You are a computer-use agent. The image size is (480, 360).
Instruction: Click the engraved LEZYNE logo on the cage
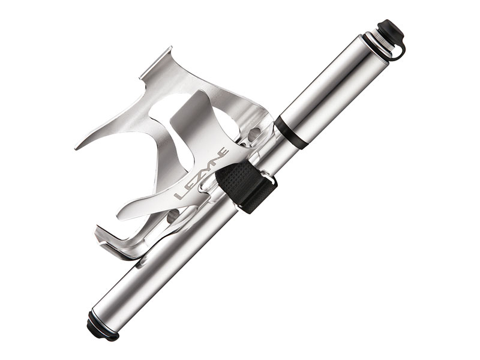(x=201, y=173)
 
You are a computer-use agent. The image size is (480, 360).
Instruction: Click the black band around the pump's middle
(x=290, y=132)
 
